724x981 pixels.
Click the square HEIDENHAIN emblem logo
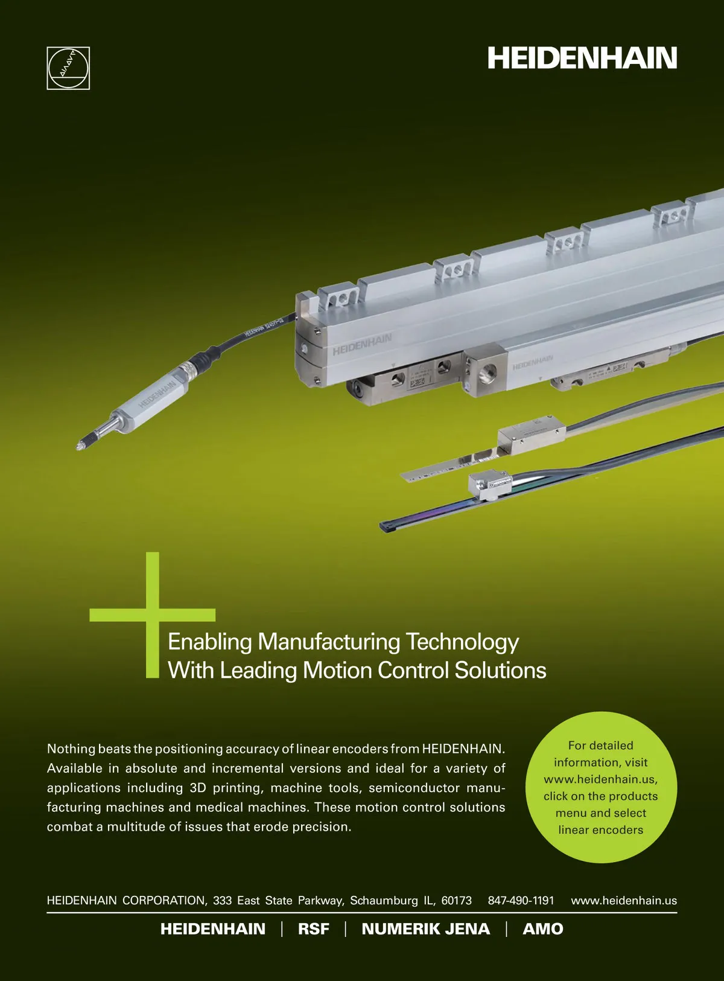coord(68,68)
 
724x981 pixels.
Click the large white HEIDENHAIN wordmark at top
coord(582,58)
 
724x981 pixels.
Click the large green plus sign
coord(153,615)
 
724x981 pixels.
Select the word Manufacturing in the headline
coord(329,642)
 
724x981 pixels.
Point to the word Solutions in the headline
coord(500,670)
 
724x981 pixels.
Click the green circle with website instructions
coord(601,787)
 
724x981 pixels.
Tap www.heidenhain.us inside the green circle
coord(601,779)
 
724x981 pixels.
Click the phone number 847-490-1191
coord(521,901)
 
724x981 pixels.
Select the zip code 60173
coord(456,901)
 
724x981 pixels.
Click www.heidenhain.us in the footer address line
coord(624,901)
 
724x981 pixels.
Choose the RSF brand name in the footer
coord(313,929)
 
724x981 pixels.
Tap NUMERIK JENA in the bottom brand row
coord(425,929)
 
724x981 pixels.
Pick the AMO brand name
coord(543,929)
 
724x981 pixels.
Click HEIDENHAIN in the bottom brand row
coord(212,929)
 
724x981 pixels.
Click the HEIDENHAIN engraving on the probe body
coord(157,394)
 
